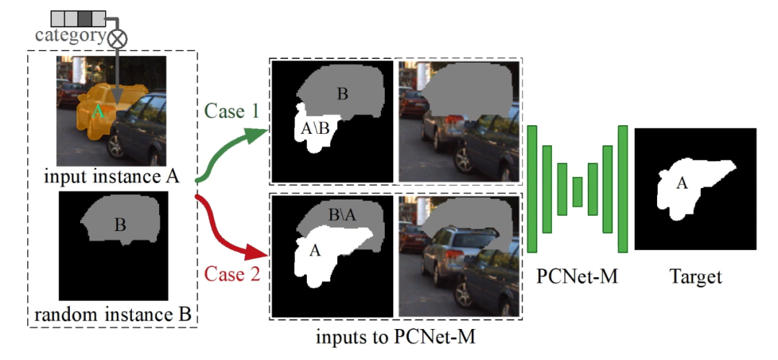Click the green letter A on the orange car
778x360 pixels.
pyautogui.click(x=99, y=112)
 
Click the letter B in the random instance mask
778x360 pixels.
pyautogui.click(x=120, y=225)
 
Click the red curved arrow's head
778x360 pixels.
pyautogui.click(x=259, y=253)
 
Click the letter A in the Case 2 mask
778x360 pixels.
pyautogui.click(x=314, y=251)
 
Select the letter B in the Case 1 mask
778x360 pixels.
pyautogui.click(x=343, y=93)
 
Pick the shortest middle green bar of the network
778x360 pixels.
pyautogui.click(x=577, y=192)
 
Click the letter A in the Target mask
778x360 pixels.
pyautogui.click(x=681, y=184)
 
